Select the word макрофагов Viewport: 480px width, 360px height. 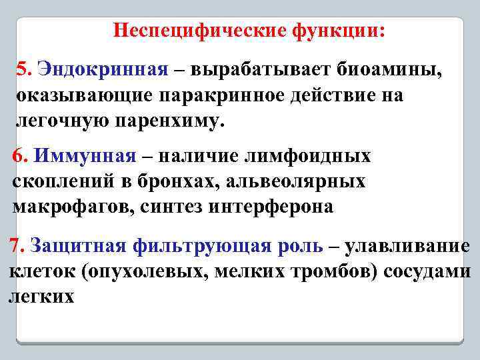pos(73,207)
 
